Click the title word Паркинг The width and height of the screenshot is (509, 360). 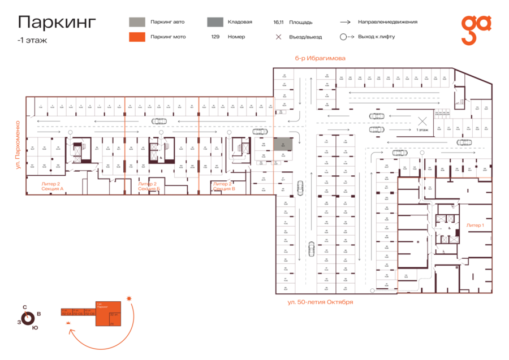pyautogui.click(x=57, y=21)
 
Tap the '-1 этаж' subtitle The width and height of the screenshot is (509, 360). pyautogui.click(x=32, y=40)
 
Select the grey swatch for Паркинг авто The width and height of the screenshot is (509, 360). pyautogui.click(x=136, y=22)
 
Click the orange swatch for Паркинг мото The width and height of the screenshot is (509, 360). pyautogui.click(x=136, y=37)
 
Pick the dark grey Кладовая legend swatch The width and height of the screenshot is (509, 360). pyautogui.click(x=214, y=22)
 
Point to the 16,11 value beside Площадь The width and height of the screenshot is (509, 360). pyautogui.click(x=278, y=23)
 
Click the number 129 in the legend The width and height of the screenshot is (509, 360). pyautogui.click(x=215, y=37)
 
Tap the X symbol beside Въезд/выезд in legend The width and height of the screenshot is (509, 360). pyautogui.click(x=278, y=37)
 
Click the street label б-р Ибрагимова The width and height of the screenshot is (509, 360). pyautogui.click(x=320, y=58)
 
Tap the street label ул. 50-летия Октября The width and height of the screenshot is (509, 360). pyautogui.click(x=320, y=302)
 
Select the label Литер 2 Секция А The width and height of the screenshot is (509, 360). pyautogui.click(x=52, y=186)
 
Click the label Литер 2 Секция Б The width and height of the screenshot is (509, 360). pyautogui.click(x=148, y=186)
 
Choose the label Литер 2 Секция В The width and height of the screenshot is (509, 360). pyautogui.click(x=223, y=186)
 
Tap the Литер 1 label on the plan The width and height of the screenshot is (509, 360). pyautogui.click(x=475, y=225)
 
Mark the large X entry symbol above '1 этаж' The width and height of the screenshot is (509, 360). pyautogui.click(x=422, y=120)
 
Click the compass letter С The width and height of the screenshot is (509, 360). pyautogui.click(x=24, y=307)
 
